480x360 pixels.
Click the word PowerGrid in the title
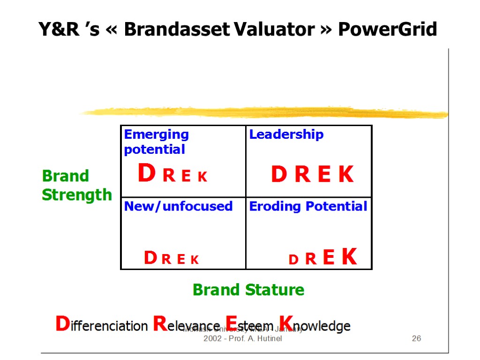coord(387,30)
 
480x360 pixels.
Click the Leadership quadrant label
coord(286,135)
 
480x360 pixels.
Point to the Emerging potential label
coord(156,142)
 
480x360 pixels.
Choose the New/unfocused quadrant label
coord(178,206)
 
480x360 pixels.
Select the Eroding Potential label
coord(308,206)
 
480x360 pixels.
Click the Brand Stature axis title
coord(248,290)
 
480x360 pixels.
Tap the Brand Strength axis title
coord(77,185)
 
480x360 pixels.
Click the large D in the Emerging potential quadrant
coord(146,174)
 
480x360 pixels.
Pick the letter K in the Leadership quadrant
coord(346,175)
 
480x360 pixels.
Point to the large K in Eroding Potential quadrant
coord(349,257)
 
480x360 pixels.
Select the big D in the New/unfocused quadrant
coord(150,258)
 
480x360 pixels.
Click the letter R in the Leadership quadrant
coord(303,175)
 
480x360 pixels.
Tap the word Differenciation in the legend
coord(101,325)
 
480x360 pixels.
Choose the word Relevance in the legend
coord(186,325)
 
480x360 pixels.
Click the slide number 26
coord(416,338)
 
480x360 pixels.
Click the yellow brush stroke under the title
coord(262,112)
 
